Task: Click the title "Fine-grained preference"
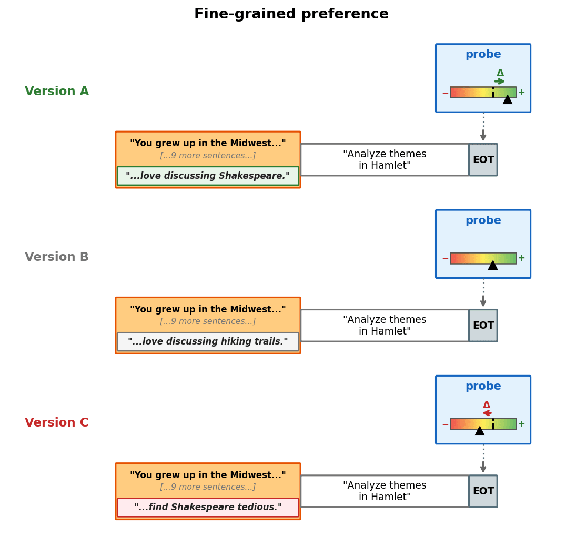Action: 291,14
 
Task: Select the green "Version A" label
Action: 57,92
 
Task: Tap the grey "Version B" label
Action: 57,257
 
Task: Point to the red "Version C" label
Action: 57,423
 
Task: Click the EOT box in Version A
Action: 483,160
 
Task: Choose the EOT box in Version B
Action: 483,326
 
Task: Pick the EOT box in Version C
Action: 483,491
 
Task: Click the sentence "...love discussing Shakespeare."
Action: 208,176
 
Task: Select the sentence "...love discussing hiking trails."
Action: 208,342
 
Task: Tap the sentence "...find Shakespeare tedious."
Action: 208,508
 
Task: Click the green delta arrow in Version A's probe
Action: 500,82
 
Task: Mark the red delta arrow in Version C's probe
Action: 487,413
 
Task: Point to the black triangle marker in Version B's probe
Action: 493,266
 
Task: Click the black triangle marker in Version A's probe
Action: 508,100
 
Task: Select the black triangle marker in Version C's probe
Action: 480,431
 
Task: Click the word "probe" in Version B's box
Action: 483,221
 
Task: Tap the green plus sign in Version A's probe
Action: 522,93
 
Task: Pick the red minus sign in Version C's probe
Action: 445,424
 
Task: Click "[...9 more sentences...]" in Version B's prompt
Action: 208,321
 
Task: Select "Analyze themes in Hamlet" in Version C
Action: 385,491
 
